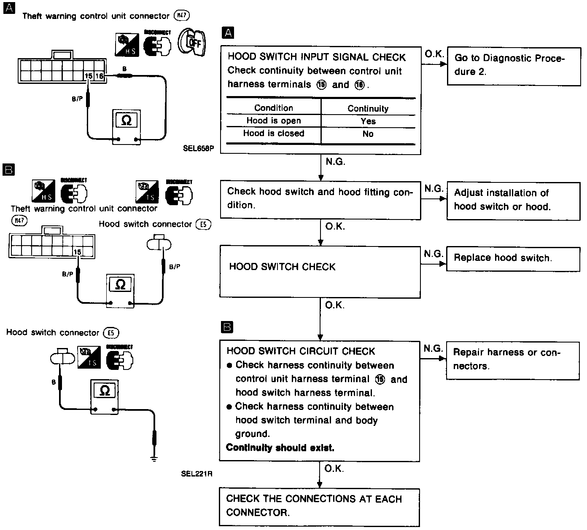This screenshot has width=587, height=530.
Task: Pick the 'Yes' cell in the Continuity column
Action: coord(368,121)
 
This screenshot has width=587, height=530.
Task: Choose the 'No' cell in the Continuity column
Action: coord(368,134)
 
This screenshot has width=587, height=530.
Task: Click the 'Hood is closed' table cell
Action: coord(274,134)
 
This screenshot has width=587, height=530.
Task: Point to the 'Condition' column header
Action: coord(274,108)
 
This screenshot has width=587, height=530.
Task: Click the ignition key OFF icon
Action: coord(192,43)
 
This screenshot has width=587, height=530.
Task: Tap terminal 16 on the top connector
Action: coord(100,76)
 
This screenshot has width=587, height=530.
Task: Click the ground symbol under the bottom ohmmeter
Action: coord(154,458)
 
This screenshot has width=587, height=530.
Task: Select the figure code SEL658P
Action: coord(198,149)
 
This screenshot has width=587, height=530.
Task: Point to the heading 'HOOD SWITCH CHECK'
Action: coord(282,267)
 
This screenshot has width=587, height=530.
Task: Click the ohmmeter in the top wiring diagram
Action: coord(127,127)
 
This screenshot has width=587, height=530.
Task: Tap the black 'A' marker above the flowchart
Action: coord(228,33)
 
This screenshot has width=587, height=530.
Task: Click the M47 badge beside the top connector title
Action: coord(182,16)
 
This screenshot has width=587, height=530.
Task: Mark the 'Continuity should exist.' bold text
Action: coord(280,448)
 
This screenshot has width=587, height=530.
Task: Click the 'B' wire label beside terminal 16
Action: coord(124,69)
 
